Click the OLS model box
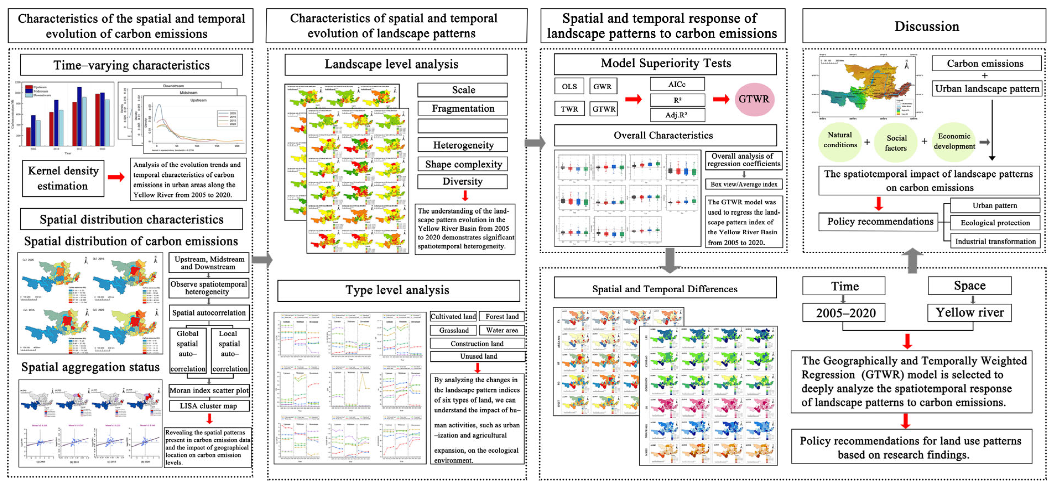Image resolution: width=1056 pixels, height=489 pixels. [569, 86]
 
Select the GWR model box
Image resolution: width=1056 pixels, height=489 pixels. [603, 86]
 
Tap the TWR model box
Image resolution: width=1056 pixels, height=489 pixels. [569, 109]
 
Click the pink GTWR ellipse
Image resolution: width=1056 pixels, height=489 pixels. [754, 99]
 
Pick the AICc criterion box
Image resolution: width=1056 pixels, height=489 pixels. [677, 84]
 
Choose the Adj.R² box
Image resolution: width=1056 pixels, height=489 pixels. [677, 115]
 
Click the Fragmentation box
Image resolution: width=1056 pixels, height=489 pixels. [462, 109]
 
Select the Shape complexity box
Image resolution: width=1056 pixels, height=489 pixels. [462, 164]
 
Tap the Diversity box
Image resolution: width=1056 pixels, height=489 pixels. [462, 182]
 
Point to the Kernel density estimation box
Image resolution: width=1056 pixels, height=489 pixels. [63, 178]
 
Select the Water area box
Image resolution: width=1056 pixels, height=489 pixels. [502, 330]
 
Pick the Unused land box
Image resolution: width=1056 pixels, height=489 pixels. [478, 356]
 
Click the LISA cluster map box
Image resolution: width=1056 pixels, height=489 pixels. [209, 406]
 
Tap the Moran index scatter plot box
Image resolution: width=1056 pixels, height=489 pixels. [209, 390]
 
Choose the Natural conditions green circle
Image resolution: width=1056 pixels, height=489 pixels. [840, 140]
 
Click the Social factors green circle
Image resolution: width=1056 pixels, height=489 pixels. [896, 143]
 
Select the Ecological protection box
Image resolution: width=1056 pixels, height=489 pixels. [995, 223]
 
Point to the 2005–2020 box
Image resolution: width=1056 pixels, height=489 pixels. [845, 313]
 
